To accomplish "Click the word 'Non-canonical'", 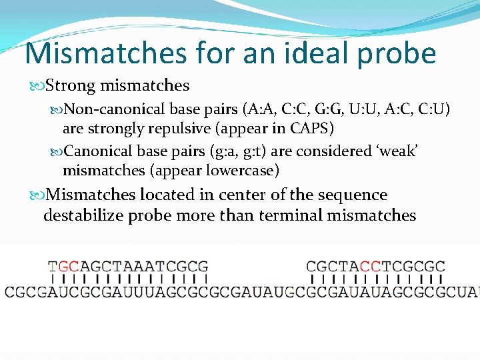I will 115,109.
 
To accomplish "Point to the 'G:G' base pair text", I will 329,109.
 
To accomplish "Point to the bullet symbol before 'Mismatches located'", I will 36,195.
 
